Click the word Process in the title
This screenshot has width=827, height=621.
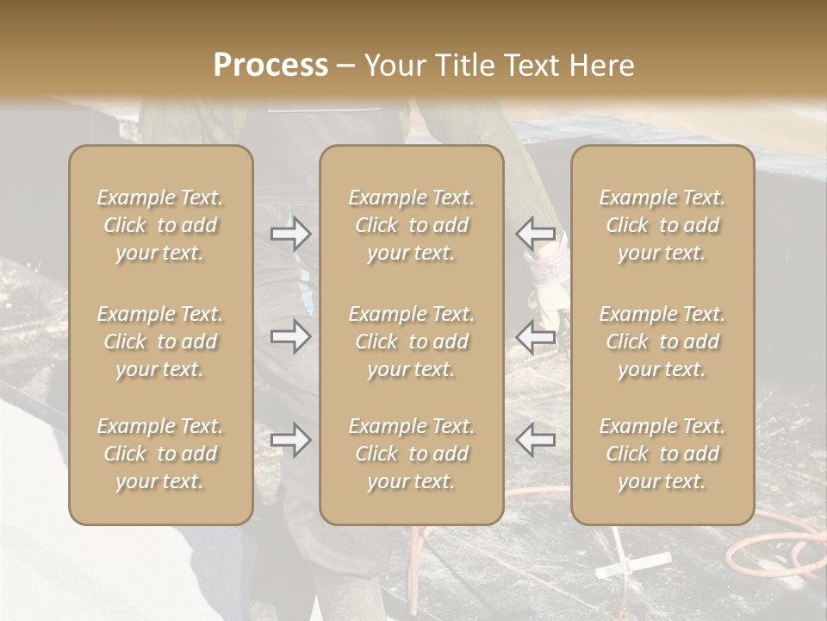point(270,66)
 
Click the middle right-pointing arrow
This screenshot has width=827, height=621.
point(290,336)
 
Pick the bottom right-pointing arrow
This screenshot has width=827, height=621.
point(290,440)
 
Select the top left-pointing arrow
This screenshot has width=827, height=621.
point(535,233)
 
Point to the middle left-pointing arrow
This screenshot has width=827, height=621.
point(535,336)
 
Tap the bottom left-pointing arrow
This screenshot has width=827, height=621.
point(535,439)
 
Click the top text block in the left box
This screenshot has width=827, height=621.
point(160,225)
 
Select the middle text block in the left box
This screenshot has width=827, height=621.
point(160,342)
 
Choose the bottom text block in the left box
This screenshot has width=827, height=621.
point(160,454)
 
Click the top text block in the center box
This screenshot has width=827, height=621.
point(411,225)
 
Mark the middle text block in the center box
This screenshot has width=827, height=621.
point(411,342)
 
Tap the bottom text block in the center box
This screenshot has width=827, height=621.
point(411,454)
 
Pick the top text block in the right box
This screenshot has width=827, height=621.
point(662,225)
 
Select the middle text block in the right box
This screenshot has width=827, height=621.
point(662,342)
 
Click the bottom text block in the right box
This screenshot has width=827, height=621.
point(662,454)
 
